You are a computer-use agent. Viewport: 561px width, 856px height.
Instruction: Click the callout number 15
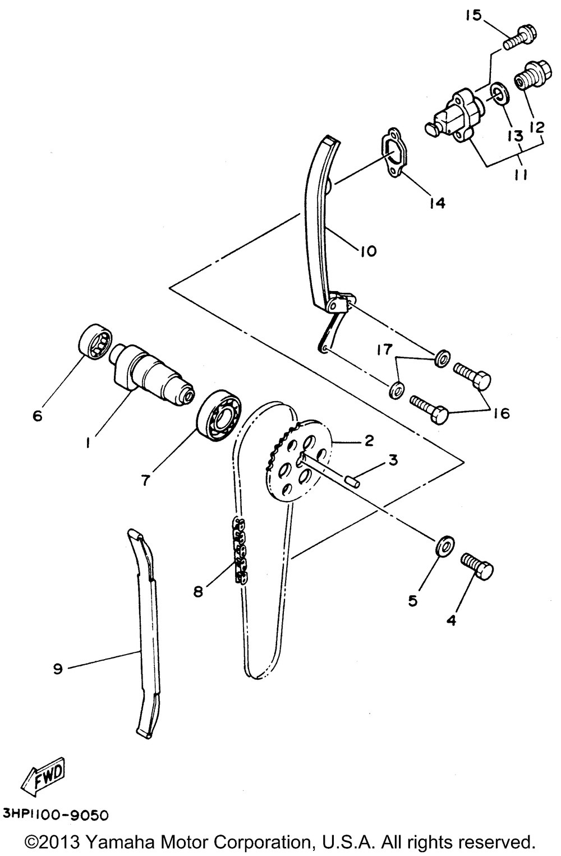click(472, 15)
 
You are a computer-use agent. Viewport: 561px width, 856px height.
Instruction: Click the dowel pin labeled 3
click(351, 480)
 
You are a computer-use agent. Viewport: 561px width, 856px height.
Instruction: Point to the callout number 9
click(57, 669)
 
